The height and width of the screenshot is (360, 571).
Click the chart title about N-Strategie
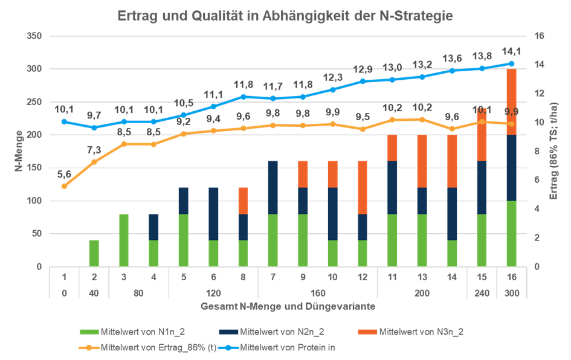pos(285,16)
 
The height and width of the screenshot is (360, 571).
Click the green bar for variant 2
pos(94,252)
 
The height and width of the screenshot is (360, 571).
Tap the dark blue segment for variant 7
pos(273,187)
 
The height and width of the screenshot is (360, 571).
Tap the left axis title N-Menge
pos(19,151)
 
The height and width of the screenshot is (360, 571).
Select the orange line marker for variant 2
pos(94,162)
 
